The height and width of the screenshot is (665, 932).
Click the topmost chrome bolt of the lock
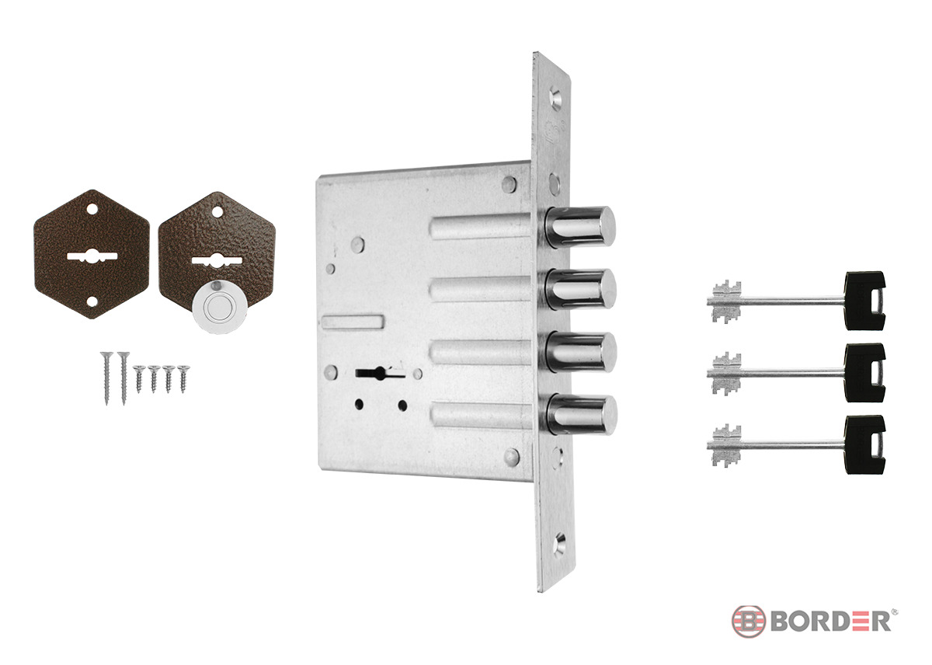tap(580, 227)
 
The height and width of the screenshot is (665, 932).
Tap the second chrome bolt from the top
tap(581, 289)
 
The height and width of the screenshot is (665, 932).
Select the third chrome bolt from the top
tap(581, 352)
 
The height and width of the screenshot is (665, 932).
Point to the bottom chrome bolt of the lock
tap(582, 415)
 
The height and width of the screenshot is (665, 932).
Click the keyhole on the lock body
tap(380, 373)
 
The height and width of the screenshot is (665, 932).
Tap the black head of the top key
tap(864, 301)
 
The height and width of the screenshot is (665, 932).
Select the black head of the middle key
tap(864, 372)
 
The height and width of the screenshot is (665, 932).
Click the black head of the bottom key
tap(864, 444)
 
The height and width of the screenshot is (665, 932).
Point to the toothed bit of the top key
tap(726, 301)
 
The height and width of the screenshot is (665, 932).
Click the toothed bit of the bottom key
tap(726, 445)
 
